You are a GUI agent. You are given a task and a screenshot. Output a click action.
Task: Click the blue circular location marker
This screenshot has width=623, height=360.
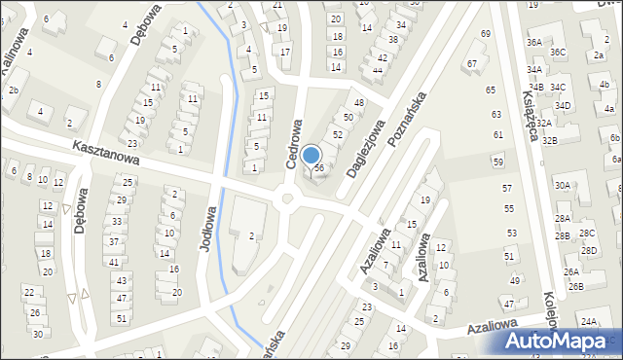click(x=311, y=155)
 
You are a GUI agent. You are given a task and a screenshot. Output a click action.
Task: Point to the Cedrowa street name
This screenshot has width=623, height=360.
click(x=295, y=145)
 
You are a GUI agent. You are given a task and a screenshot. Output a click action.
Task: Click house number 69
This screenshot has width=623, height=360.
click(x=485, y=34)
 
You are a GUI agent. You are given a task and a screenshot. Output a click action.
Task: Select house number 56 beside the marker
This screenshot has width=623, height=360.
click(x=318, y=169)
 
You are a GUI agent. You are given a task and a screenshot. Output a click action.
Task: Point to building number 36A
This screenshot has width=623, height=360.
click(x=534, y=43)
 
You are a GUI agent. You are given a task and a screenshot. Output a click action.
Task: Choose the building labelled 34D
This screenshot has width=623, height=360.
click(x=563, y=105)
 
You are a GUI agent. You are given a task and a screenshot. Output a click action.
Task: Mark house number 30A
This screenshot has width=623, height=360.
click(x=563, y=185)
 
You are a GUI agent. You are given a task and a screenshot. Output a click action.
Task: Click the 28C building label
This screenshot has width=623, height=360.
click(x=587, y=234)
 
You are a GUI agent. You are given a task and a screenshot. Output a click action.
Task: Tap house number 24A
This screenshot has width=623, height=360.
click(x=589, y=321)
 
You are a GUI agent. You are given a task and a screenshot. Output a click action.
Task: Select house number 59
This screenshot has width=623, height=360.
click(x=497, y=162)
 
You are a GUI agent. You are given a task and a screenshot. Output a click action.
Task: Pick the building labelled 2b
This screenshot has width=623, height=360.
click(x=13, y=90)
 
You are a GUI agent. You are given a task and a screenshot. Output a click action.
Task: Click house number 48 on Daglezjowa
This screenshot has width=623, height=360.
click(x=359, y=102)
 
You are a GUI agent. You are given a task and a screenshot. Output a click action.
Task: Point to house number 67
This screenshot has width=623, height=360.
click(x=472, y=63)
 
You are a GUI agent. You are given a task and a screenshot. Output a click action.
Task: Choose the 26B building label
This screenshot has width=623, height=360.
click(x=575, y=286)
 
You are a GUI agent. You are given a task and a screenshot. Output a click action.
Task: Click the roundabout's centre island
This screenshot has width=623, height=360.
click(x=286, y=199)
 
